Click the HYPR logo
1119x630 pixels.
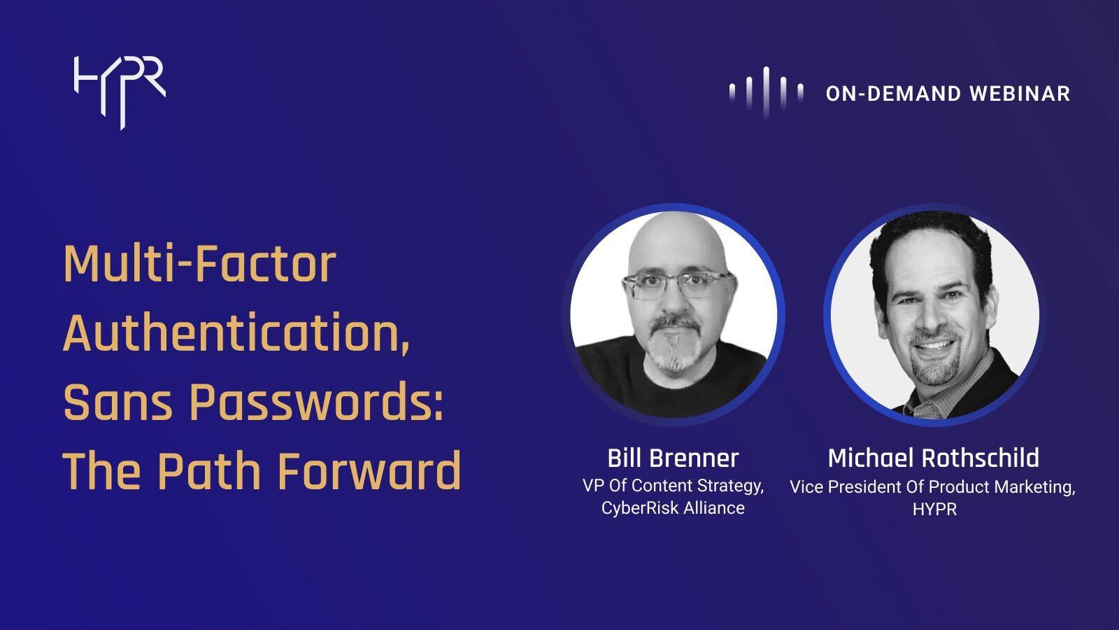[x=119, y=90]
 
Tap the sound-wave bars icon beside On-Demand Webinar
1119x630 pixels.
[x=766, y=92]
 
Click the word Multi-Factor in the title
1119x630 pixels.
[x=199, y=265]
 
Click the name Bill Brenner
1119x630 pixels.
[x=673, y=458]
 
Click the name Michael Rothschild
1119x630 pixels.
[x=933, y=458]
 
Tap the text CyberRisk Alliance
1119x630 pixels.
[x=673, y=508]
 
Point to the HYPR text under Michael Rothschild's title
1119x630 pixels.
[x=934, y=510]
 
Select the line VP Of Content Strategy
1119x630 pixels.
[x=673, y=486]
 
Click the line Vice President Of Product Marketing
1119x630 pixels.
[x=932, y=486]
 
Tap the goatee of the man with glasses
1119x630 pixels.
[x=673, y=350]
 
